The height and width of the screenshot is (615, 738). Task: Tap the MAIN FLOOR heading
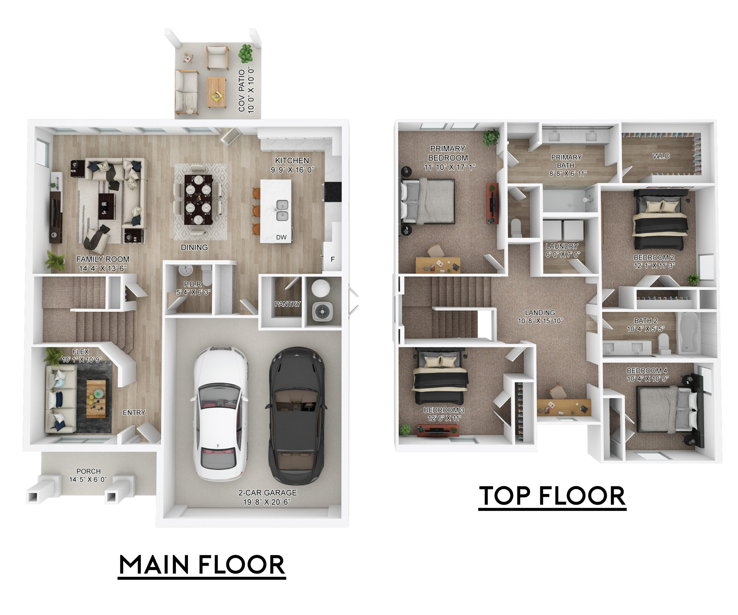click(202, 565)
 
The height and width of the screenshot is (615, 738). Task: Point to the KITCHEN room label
click(292, 161)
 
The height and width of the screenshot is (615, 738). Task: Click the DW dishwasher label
click(281, 237)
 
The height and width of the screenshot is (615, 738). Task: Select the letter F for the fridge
click(332, 259)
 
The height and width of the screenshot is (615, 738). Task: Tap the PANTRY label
click(287, 304)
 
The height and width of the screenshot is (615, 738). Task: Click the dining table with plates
click(199, 199)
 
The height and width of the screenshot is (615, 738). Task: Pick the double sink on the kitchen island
click(282, 210)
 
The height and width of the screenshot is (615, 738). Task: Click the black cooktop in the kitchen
click(333, 191)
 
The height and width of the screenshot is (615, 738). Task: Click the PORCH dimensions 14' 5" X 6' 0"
click(88, 479)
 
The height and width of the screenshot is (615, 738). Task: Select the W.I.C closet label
click(661, 156)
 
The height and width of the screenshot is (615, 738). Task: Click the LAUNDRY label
click(562, 246)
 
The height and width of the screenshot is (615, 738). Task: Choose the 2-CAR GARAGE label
click(268, 493)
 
